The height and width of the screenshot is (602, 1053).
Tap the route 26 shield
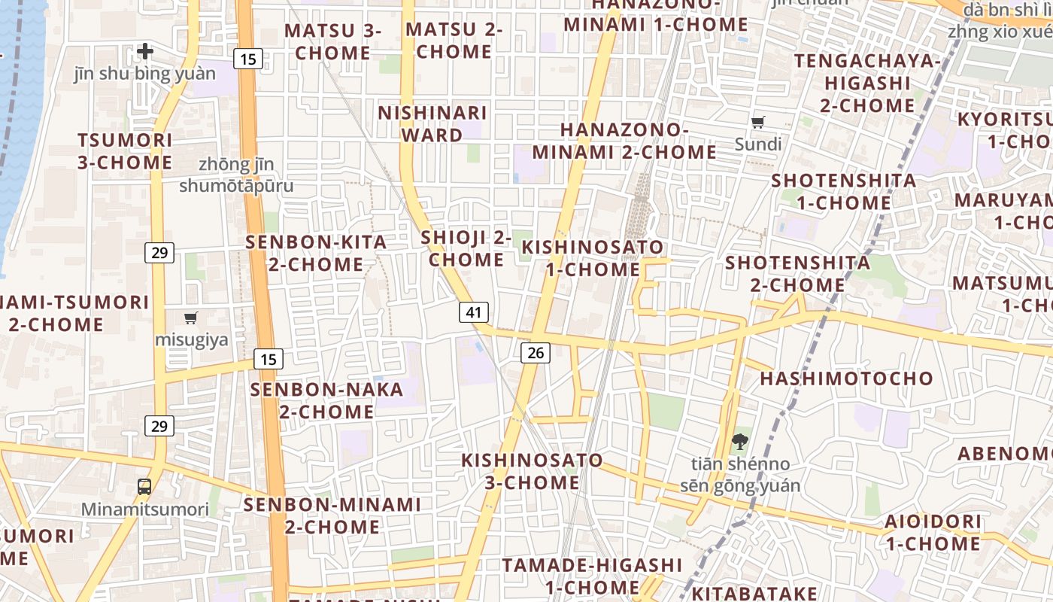click(535, 352)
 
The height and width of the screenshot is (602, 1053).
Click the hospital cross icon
click(145, 51)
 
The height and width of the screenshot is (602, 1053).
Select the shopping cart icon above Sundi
click(758, 122)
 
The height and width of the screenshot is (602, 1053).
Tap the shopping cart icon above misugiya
click(191, 318)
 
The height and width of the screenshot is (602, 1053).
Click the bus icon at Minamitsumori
click(144, 486)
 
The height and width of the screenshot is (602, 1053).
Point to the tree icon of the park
click(740, 442)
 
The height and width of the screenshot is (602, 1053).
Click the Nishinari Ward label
click(432, 124)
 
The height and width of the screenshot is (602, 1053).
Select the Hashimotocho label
click(846, 378)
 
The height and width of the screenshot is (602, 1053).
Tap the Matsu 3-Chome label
click(332, 42)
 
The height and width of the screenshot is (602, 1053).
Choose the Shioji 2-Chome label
click(466, 248)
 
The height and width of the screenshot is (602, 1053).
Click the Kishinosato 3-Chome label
click(532, 471)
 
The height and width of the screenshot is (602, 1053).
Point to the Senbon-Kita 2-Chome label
click(317, 253)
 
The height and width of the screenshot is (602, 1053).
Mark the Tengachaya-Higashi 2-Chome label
click(867, 83)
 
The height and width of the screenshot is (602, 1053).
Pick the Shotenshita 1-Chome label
click(844, 191)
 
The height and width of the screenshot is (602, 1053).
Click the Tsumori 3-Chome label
click(125, 151)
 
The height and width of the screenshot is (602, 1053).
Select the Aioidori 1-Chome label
click(933, 532)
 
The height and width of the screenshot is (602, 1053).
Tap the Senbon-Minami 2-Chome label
click(332, 515)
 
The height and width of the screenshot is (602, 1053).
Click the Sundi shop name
click(758, 144)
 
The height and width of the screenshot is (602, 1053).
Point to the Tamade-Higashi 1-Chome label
click(592, 576)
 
